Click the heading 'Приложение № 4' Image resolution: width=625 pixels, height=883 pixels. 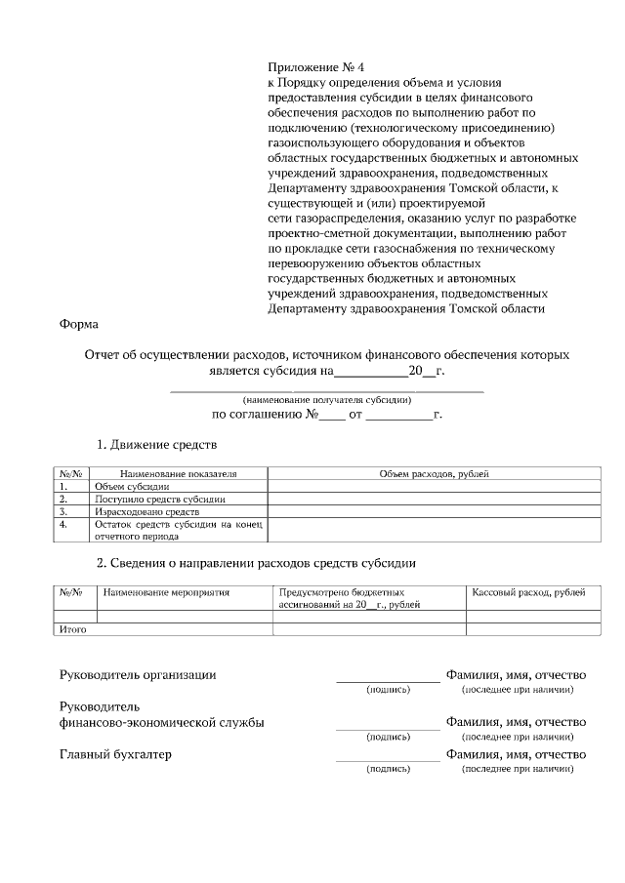click(314, 67)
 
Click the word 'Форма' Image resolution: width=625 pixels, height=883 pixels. click(78, 325)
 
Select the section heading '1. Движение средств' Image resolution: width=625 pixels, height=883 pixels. click(156, 445)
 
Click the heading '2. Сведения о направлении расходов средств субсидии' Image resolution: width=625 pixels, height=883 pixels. click(256, 562)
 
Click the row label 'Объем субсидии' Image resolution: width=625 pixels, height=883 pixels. click(132, 486)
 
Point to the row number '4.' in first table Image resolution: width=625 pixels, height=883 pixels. click(63, 524)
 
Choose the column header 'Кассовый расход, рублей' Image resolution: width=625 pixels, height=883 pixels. click(528, 592)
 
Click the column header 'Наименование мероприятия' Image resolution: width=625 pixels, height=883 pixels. click(166, 592)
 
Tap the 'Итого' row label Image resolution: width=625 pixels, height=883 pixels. click(74, 630)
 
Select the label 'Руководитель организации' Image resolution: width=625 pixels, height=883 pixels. click(138, 674)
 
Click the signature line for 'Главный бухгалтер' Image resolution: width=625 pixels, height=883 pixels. click(388, 759)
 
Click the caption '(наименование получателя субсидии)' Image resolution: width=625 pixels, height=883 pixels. click(327, 400)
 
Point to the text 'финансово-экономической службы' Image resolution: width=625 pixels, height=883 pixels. click(161, 722)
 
